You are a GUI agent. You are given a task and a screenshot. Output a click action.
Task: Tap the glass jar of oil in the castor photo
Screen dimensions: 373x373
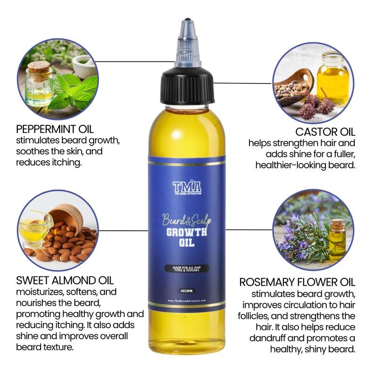(x=332, y=77)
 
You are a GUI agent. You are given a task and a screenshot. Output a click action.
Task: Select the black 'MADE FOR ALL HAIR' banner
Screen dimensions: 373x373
(x=186, y=269)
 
